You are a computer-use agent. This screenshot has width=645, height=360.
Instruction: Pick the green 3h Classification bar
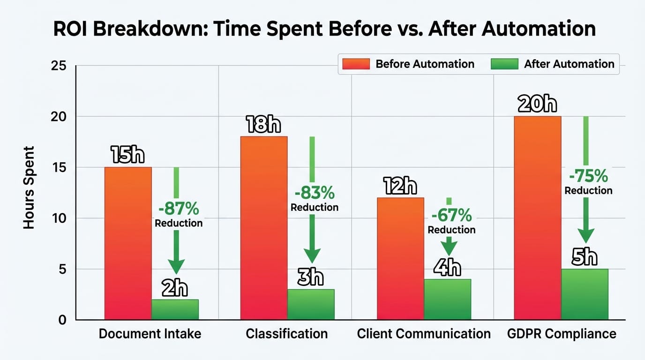311,305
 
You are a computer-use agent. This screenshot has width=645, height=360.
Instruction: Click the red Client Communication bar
401,258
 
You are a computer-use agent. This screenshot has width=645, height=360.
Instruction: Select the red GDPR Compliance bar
538,217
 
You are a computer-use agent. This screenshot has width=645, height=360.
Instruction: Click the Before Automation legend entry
408,64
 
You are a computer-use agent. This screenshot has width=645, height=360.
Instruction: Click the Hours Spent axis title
29,187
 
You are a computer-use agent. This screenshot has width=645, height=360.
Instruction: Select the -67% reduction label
451,215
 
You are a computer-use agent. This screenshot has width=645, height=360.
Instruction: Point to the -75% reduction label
588,176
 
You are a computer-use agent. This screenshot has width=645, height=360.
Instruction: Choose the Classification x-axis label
286,334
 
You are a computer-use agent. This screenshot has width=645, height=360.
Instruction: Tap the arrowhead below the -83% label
312,255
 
